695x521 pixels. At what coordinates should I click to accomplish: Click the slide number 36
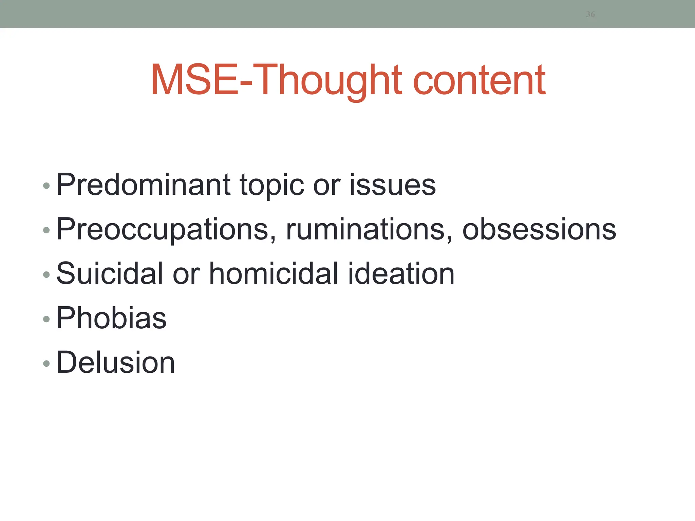pos(590,14)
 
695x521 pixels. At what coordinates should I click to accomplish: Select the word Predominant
pos(144,185)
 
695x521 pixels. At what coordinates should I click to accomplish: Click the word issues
pos(392,185)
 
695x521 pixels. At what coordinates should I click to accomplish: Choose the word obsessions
pos(539,229)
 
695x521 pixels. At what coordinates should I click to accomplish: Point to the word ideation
pos(401,273)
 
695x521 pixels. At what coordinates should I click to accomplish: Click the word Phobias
pos(111,318)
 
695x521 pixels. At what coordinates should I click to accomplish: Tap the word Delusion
pos(115,362)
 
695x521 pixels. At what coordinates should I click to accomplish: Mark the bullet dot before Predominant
pos(46,186)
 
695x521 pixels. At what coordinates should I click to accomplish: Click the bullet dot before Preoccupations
pos(46,230)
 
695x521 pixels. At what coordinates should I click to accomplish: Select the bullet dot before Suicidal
pos(46,274)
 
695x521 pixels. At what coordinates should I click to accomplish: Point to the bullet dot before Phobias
pos(46,319)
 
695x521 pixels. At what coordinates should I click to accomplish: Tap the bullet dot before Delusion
pos(46,364)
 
